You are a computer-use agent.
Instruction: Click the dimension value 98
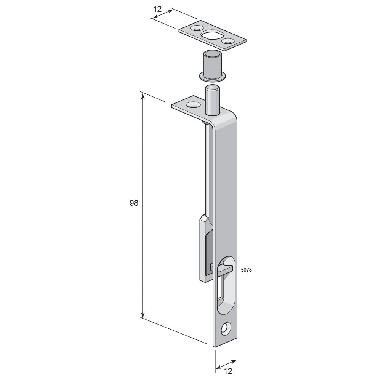(134, 203)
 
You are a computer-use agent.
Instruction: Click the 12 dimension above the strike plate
(157, 9)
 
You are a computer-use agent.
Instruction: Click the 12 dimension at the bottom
(228, 371)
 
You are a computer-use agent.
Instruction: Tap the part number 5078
(246, 270)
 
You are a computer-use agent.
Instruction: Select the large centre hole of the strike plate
(211, 35)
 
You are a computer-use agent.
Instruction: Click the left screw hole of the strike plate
(196, 28)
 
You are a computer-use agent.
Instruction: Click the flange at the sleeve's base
(213, 77)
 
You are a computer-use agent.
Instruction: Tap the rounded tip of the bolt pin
(212, 88)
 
